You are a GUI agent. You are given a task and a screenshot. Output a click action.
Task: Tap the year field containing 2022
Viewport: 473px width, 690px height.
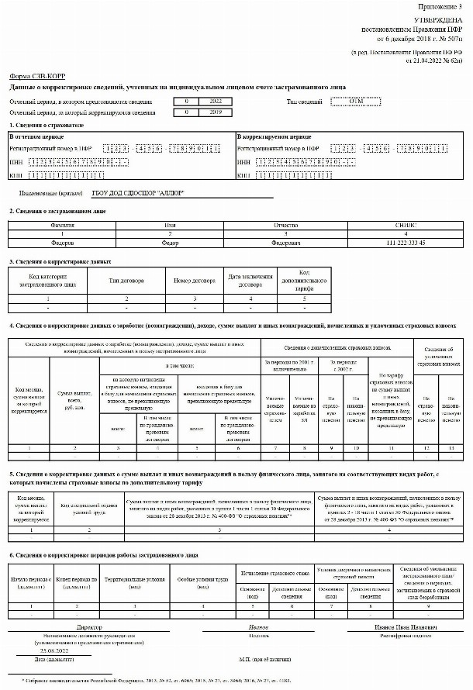[203, 102]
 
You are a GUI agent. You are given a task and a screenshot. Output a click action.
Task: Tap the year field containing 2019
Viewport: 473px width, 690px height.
[203, 112]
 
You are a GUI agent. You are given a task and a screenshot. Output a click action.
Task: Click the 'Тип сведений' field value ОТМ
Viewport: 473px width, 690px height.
[357, 102]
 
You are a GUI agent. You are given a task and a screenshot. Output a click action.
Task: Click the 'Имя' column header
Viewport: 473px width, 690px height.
[171, 226]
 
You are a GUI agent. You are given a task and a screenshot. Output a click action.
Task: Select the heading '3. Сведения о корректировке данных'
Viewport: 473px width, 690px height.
[54, 262]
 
